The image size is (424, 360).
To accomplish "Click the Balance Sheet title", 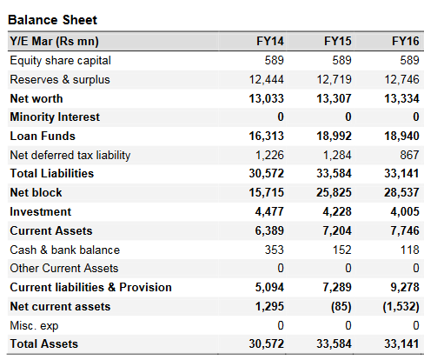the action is click(52, 20).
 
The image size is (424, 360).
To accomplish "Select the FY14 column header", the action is click(270, 41).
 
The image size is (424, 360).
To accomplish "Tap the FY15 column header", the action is click(338, 41).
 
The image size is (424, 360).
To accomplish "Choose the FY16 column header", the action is click(406, 41).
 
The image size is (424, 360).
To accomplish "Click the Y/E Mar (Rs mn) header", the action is click(55, 42).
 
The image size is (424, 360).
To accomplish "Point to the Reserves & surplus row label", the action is click(60, 79).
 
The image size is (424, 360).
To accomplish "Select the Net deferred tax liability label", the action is click(70, 155).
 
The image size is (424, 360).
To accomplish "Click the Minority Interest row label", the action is click(55, 117).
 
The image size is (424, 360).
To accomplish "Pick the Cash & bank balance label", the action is click(65, 250).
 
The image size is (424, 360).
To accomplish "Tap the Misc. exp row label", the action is click(34, 326).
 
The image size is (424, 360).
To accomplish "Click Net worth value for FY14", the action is click(267, 98).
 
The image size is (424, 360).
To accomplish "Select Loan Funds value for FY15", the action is click(334, 136).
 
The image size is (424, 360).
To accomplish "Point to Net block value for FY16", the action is click(401, 192).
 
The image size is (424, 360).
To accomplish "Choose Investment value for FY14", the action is click(269, 211).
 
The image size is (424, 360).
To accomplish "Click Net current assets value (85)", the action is click(341, 307).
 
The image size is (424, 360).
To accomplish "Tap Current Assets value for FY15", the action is click(337, 230).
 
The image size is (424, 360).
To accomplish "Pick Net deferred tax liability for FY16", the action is click(409, 155).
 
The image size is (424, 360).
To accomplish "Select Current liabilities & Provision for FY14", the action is click(269, 287).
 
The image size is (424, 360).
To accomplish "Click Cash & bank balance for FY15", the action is click(341, 250).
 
